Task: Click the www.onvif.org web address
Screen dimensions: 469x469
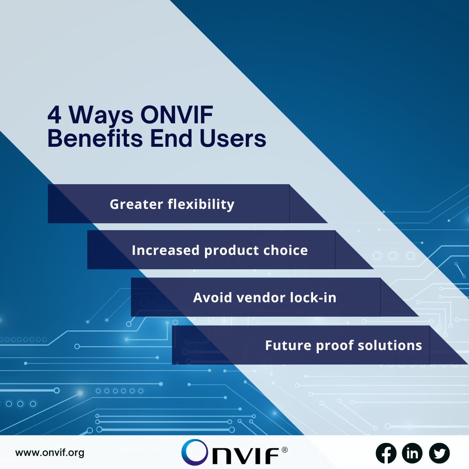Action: click(x=50, y=453)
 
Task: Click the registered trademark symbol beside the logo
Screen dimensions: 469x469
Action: click(x=284, y=450)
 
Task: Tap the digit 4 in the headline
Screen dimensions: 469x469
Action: click(x=55, y=116)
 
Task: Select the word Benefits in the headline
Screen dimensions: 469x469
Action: click(x=91, y=139)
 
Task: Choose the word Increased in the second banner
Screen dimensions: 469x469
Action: click(x=165, y=251)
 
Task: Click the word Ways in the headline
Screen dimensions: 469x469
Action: click(x=102, y=116)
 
